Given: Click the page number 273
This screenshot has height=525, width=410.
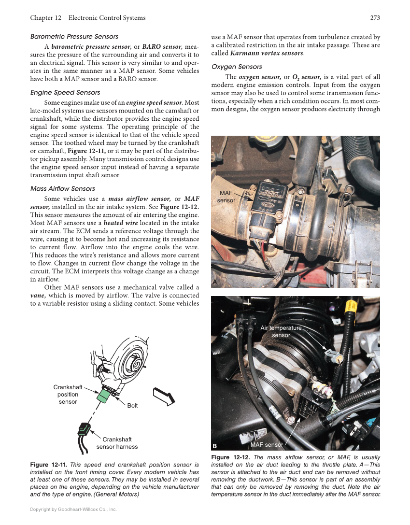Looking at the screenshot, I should tap(375, 18).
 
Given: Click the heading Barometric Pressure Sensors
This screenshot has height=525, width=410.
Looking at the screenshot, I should tap(74, 37).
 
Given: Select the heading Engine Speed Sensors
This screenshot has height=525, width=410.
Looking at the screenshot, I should tap(65, 92).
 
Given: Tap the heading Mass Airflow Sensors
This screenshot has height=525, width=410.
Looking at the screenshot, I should tap(62, 188).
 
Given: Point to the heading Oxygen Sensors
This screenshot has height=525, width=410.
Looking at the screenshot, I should tap(237, 67).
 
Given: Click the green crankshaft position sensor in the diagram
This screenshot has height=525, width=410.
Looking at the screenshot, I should tap(104, 396).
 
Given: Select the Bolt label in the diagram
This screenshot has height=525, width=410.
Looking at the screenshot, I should tap(132, 406).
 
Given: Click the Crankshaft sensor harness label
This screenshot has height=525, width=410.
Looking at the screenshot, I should tap(117, 443).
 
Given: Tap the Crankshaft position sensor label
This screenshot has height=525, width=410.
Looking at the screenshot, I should tap(68, 395).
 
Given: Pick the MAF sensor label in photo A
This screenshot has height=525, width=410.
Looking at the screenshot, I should tap(226, 197).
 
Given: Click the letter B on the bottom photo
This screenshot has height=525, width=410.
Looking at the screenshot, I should tap(214, 445).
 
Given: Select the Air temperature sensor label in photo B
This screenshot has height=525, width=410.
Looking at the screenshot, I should tap(281, 331).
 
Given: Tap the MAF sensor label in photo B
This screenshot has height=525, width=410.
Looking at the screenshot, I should tap(267, 444).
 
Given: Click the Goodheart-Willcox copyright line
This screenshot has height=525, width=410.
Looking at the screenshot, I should tap(73, 510).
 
